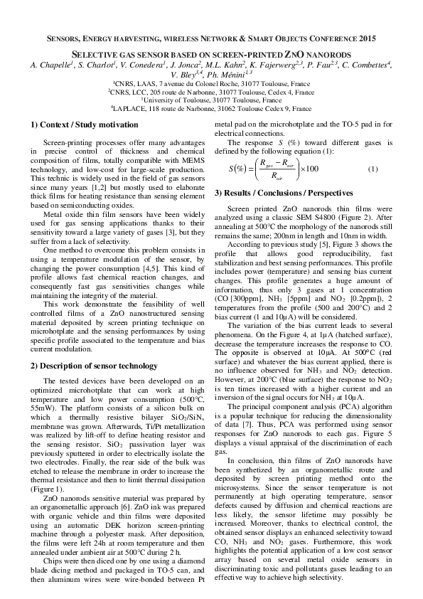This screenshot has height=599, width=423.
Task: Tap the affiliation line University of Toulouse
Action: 212,100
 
